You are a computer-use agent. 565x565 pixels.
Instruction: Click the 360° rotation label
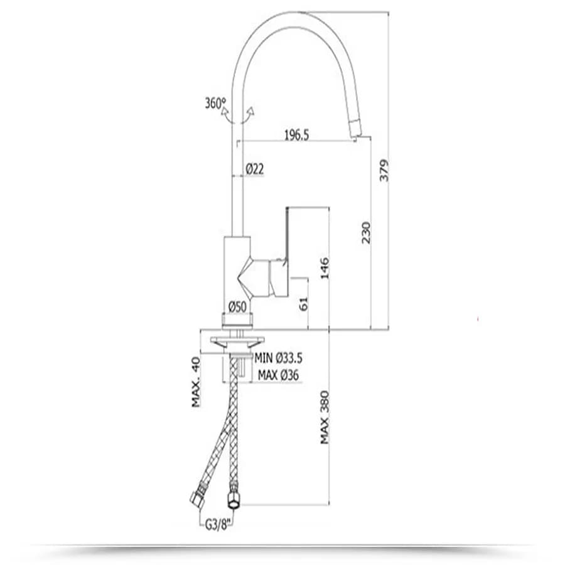click(x=215, y=104)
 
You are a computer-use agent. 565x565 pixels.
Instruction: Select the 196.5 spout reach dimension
click(x=296, y=135)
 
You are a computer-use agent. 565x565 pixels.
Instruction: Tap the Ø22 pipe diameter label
click(x=255, y=169)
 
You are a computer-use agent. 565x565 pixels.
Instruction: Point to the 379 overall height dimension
click(x=384, y=170)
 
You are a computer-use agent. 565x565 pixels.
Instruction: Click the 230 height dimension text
click(x=366, y=232)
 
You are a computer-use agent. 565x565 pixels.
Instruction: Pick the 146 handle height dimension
click(x=325, y=268)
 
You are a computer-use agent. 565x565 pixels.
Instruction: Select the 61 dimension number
click(x=304, y=304)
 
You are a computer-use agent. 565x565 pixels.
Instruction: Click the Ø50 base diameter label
click(x=238, y=306)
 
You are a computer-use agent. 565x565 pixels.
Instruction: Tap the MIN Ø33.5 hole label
click(x=278, y=358)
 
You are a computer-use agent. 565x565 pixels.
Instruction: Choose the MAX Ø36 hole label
click(x=278, y=375)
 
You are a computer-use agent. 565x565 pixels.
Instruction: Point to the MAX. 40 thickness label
click(x=196, y=382)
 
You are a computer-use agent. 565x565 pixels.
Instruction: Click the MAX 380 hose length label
click(x=325, y=417)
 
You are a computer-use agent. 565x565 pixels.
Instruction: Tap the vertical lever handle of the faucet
click(x=288, y=234)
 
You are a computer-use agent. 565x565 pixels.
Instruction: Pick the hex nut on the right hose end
click(x=235, y=498)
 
